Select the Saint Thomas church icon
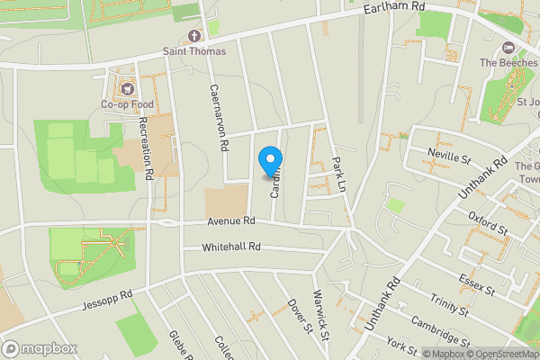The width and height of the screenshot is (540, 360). (x=193, y=37)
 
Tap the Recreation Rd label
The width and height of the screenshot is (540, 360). (x=146, y=145)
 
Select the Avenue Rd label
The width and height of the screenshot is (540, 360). (x=230, y=220)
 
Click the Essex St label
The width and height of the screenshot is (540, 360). (x=476, y=285)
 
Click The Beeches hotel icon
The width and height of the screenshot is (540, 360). (x=507, y=47)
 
